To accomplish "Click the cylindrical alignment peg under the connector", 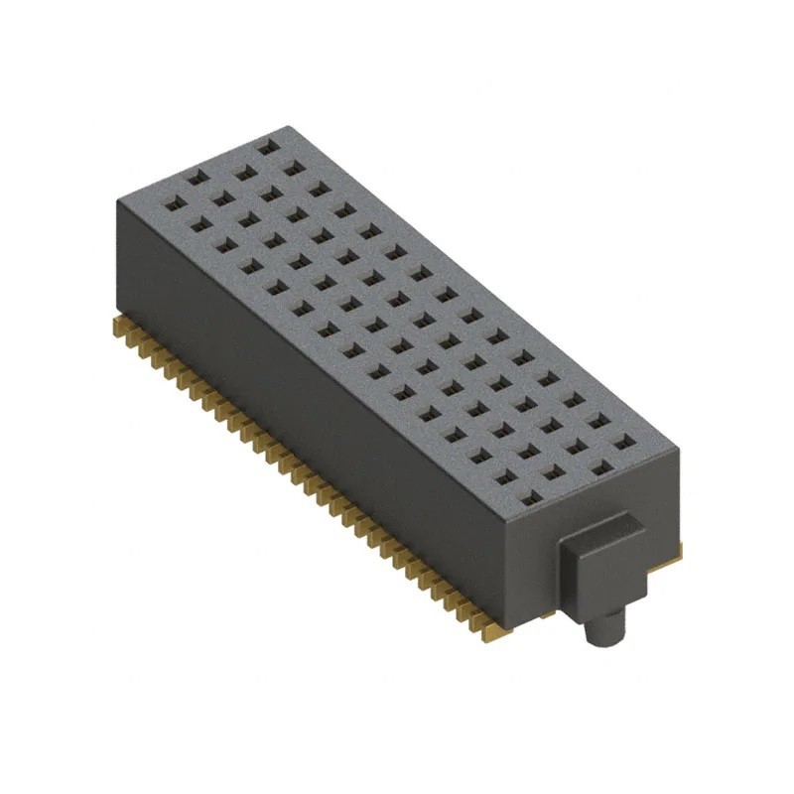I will [x=606, y=627].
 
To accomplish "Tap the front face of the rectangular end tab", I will [x=592, y=576].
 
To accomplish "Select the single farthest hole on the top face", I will [x=267, y=147].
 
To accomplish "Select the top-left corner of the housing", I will [x=117, y=198].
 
